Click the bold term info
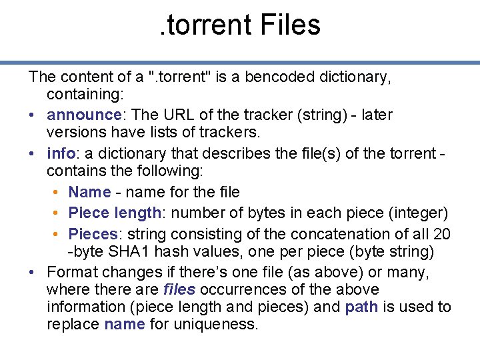(59, 153)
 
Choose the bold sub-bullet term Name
(89, 192)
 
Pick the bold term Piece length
(115, 213)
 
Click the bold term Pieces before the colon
(93, 235)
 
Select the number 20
(441, 235)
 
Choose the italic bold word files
(179, 289)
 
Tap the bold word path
(362, 307)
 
